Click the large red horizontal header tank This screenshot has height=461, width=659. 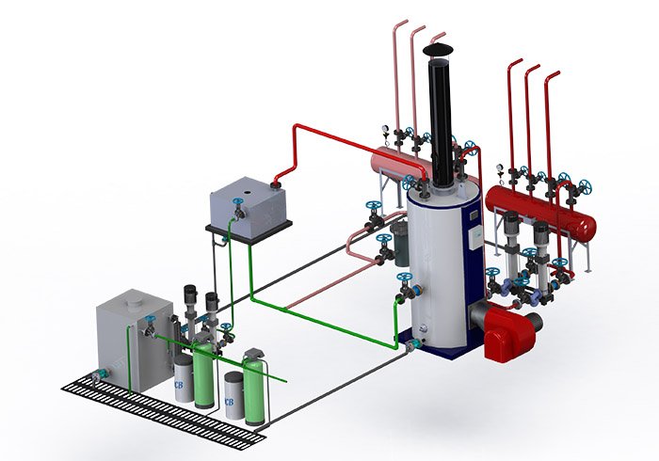point(540,211)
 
